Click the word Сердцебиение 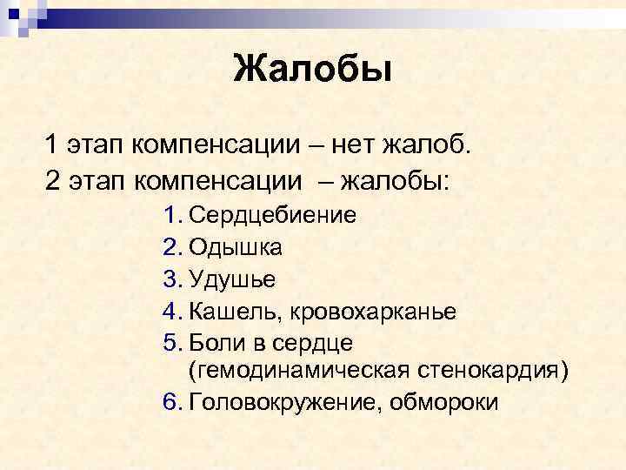[272, 215]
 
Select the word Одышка [235, 247]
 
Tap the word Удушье [232, 279]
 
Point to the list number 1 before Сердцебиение [170, 215]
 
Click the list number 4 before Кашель [170, 311]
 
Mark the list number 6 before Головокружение [170, 403]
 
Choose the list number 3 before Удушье [170, 279]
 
